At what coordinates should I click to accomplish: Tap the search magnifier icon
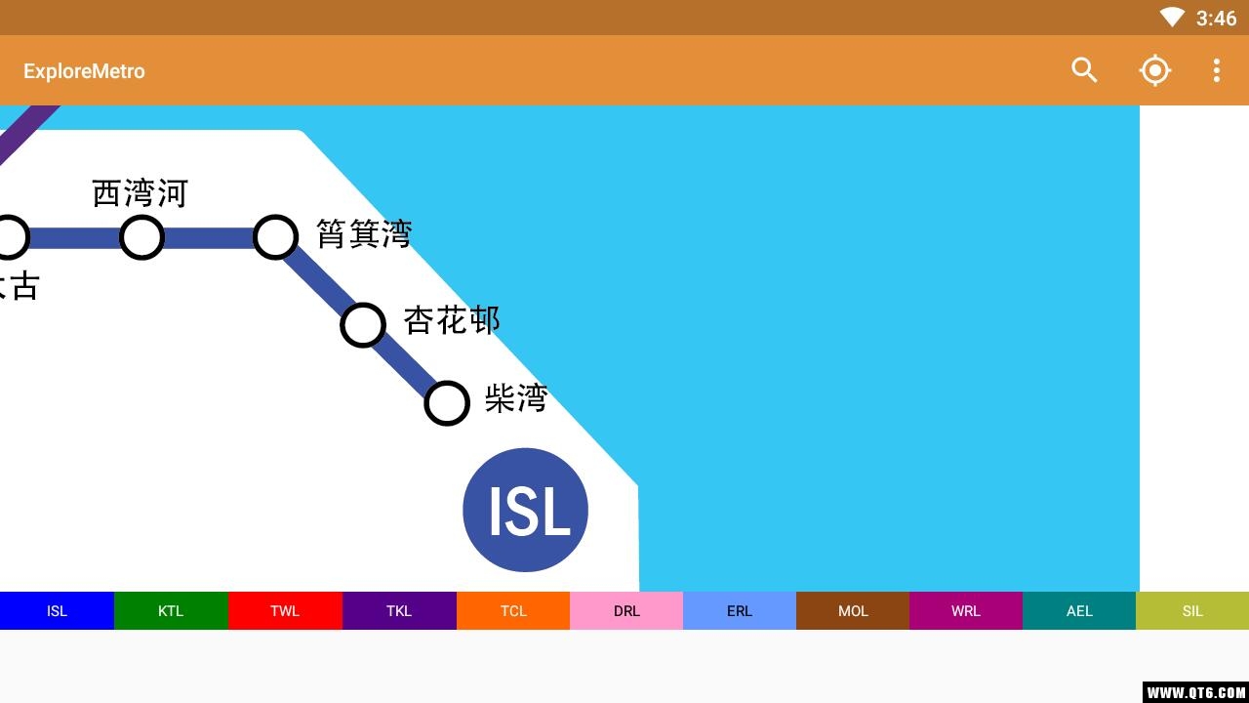(x=1084, y=70)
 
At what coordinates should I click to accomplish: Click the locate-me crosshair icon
(x=1154, y=70)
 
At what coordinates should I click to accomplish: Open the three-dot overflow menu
(x=1217, y=71)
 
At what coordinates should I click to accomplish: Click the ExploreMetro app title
(x=84, y=71)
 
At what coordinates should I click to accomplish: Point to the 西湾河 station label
(x=140, y=193)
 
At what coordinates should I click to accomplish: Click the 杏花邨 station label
(x=452, y=320)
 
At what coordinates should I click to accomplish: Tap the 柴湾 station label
(x=516, y=397)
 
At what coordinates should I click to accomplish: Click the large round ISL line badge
(x=525, y=510)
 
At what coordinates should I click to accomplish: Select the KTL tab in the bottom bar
(x=171, y=611)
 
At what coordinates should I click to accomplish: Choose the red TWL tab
(x=285, y=611)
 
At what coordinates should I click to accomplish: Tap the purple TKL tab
(x=399, y=611)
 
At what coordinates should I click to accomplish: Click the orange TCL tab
(x=513, y=611)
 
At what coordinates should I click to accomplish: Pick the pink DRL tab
(x=626, y=611)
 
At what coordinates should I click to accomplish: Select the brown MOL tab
(x=853, y=611)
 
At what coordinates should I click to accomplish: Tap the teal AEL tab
(x=1079, y=611)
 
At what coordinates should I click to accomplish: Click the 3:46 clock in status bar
(x=1216, y=19)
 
